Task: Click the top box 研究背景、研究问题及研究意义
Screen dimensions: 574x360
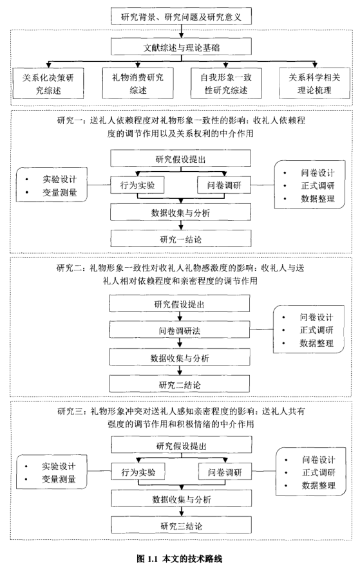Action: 180,15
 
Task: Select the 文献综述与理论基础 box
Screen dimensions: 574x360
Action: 180,47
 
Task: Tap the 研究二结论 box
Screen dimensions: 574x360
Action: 180,384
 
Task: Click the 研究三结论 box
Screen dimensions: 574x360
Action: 180,526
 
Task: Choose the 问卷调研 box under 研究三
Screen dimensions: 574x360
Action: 223,472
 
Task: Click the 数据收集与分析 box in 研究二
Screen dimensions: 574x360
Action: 180,358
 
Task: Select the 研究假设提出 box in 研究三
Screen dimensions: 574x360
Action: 180,446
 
